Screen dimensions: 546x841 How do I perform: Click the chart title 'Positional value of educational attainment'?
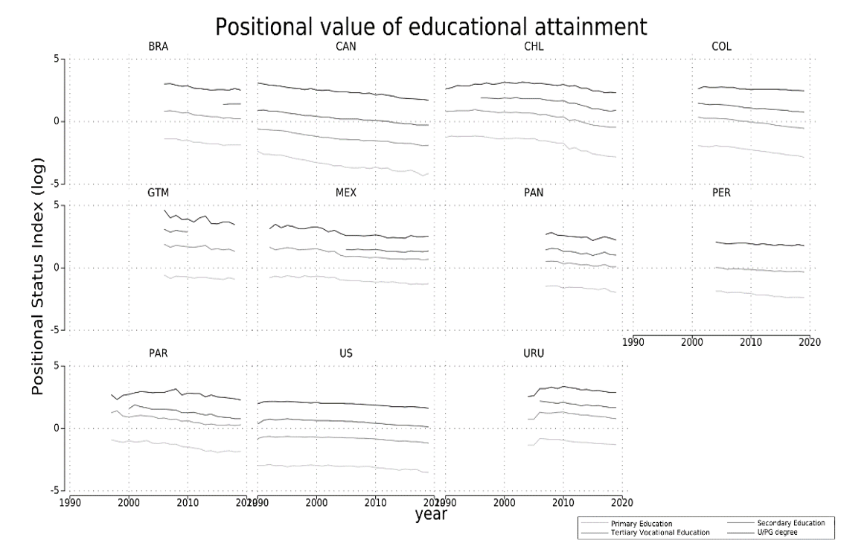[x=431, y=27]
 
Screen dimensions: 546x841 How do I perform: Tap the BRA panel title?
[x=158, y=47]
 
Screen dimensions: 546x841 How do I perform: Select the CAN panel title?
[x=345, y=47]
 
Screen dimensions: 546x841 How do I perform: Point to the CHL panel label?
[x=534, y=47]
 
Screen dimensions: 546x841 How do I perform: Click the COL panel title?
[x=721, y=47]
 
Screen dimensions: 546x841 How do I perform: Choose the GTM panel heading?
[x=158, y=193]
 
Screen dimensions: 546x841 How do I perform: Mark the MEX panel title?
[x=345, y=193]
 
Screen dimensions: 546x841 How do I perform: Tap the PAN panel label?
[x=534, y=193]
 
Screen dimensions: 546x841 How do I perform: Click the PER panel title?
[x=721, y=193]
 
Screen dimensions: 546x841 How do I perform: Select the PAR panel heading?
[x=158, y=352]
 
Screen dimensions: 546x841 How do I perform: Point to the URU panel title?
[x=534, y=352]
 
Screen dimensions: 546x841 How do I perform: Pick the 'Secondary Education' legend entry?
[x=789, y=523]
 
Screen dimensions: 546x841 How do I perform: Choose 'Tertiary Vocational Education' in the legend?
[x=659, y=532]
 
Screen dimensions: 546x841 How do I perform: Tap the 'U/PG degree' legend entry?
[x=778, y=532]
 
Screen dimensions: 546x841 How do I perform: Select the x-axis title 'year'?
[x=431, y=513]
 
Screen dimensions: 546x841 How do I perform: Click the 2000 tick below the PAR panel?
[x=129, y=502]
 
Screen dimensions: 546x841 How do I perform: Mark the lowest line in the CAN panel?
[x=342, y=167]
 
